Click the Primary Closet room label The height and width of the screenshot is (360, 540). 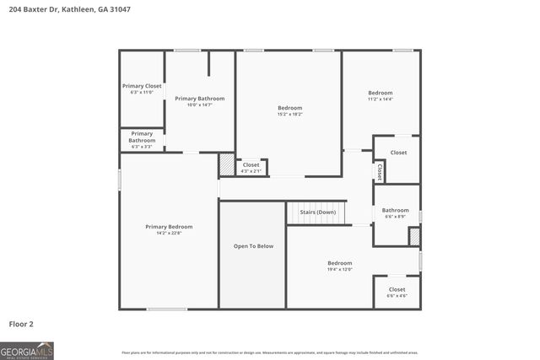(x=142, y=86)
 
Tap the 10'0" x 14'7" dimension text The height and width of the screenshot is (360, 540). (x=199, y=105)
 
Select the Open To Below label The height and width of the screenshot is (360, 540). (x=253, y=246)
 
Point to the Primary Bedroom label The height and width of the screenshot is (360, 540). (x=169, y=227)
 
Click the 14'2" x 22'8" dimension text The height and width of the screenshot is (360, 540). (x=169, y=234)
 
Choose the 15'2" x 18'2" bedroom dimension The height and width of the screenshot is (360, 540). (x=289, y=115)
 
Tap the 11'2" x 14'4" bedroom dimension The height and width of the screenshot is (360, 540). (x=381, y=99)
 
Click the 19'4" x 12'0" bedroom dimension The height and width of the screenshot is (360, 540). (x=339, y=270)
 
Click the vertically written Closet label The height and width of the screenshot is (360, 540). (x=380, y=172)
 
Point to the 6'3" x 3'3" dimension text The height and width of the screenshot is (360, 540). (x=142, y=147)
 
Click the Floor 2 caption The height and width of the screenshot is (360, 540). (x=21, y=324)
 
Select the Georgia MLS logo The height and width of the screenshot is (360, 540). (x=27, y=350)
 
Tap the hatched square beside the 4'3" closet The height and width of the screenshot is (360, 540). (x=227, y=164)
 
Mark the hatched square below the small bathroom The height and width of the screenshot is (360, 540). (x=414, y=237)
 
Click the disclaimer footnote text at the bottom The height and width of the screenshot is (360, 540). (x=270, y=352)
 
